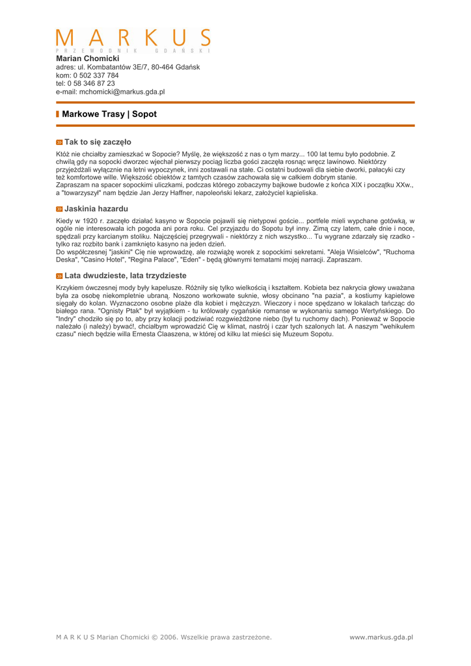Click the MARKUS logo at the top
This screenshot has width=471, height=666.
(x=133, y=40)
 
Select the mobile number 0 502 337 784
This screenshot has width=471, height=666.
(x=96, y=75)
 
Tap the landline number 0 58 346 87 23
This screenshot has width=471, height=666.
(x=90, y=83)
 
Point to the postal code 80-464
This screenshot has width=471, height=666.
(x=164, y=67)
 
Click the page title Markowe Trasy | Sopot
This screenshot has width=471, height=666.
(x=109, y=114)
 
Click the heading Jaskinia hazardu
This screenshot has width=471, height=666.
(x=96, y=209)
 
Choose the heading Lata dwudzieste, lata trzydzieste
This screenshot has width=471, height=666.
(x=125, y=275)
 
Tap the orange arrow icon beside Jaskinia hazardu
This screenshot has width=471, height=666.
(x=59, y=209)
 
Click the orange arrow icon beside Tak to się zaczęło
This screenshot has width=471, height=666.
(x=59, y=142)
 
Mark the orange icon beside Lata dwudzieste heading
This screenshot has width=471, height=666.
(x=59, y=276)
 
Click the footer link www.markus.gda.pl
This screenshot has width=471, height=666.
(x=381, y=637)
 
